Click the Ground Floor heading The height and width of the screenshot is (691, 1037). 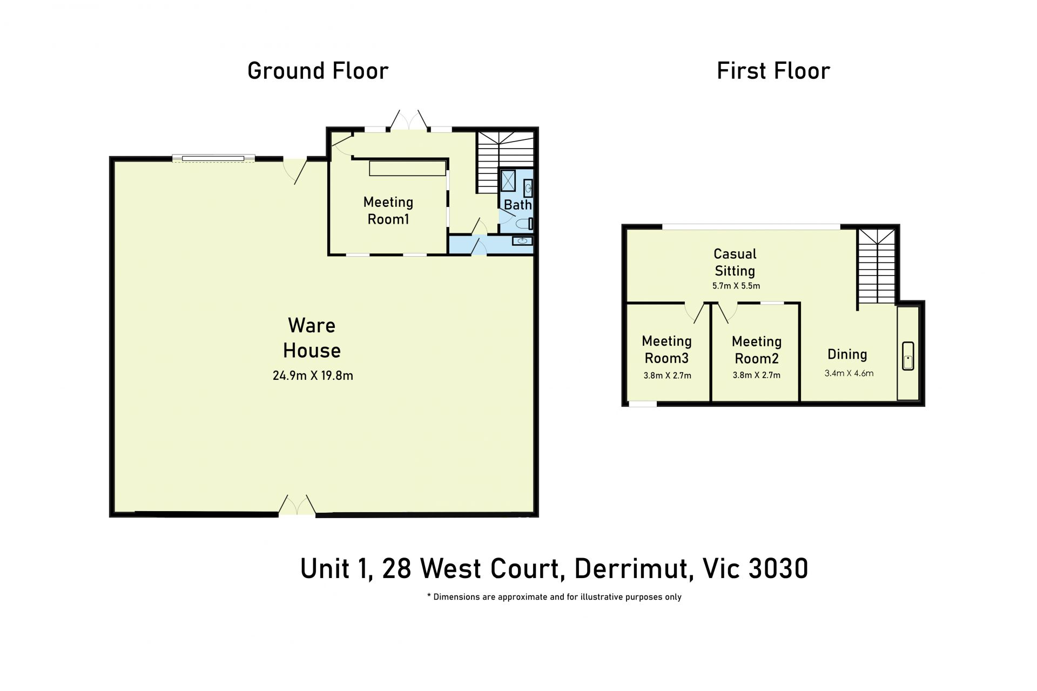point(318,71)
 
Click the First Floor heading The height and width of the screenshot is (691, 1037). point(773,71)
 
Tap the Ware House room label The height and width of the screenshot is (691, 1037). point(312,338)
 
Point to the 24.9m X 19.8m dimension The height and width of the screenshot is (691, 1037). point(313,375)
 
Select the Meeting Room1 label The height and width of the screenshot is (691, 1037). point(388,211)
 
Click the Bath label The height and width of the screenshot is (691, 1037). point(517,205)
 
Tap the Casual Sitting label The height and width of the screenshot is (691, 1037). point(735,262)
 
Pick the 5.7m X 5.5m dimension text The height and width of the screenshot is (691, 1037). point(736,286)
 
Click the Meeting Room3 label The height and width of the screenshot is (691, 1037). point(666,350)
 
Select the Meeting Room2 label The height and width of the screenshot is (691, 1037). point(757,350)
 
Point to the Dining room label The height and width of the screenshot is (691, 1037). point(847,354)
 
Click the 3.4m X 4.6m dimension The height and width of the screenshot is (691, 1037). point(849,373)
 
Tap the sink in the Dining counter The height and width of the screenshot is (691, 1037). point(908,355)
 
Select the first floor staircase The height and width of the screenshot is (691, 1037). point(876,266)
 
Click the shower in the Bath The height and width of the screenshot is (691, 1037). point(508,181)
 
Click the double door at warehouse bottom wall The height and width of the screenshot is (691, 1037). point(297,505)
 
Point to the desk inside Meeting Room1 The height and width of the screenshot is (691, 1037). point(407,168)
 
